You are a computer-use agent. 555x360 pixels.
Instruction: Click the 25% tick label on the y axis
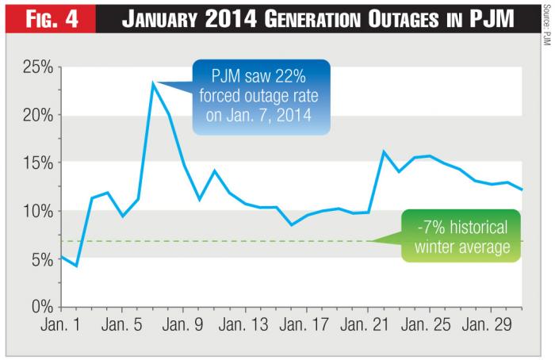pos(36,67)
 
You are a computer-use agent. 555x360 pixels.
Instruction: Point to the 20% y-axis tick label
pos(36,115)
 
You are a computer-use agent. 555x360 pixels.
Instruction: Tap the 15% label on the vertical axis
pos(36,163)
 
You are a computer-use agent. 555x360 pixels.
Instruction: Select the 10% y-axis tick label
pos(36,210)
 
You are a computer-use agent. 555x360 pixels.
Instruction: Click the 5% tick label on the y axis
pos(40,259)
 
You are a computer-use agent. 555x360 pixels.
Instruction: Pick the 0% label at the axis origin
pos(40,306)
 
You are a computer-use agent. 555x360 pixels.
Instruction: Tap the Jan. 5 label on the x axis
pos(123,326)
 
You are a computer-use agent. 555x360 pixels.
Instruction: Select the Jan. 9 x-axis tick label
pos(184,326)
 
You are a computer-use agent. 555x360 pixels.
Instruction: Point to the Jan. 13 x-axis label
pos(245,326)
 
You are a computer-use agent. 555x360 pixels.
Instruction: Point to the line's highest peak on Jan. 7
pos(153,83)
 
